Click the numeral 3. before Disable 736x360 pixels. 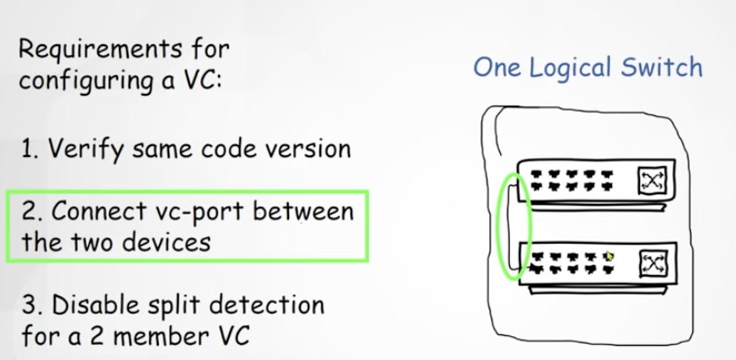click(x=28, y=306)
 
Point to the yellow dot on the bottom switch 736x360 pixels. click(x=608, y=256)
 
